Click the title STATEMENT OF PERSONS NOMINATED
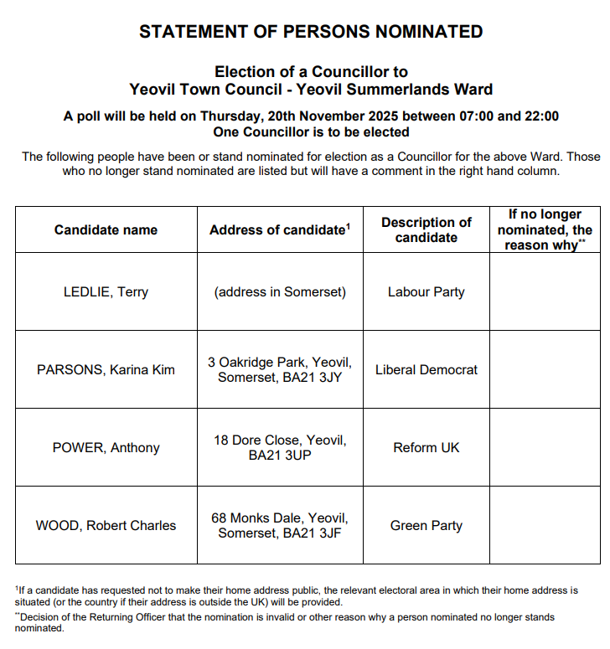point(311,33)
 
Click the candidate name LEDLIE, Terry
point(106,292)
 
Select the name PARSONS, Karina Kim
point(106,369)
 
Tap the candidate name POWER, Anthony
point(106,447)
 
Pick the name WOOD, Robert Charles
point(106,526)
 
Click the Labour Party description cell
point(426,292)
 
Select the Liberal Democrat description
point(426,369)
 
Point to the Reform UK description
point(426,447)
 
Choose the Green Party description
point(426,526)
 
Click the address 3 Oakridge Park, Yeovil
point(280,363)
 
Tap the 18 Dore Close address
point(280,440)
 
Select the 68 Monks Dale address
point(280,518)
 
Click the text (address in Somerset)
point(280,292)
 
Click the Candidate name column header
point(106,229)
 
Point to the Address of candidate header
point(279,229)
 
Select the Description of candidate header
point(426,229)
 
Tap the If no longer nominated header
point(545,229)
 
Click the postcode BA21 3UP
point(280,456)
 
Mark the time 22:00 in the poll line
point(541,116)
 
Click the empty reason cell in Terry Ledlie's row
point(545,292)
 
